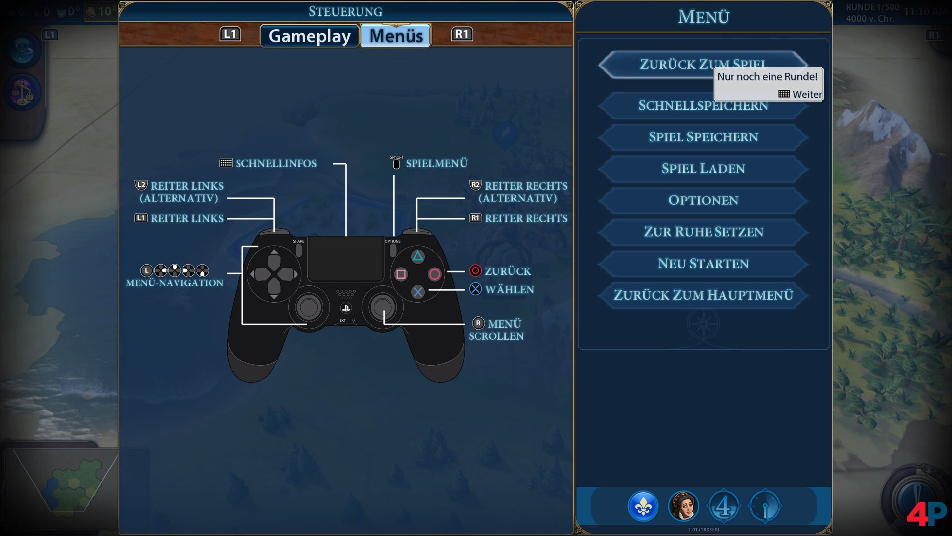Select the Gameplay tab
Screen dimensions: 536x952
pos(309,36)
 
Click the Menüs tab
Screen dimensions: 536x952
pos(396,36)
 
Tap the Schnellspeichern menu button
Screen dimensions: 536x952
pos(703,106)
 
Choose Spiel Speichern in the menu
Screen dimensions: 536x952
pos(703,137)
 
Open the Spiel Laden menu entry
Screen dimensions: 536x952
pos(703,169)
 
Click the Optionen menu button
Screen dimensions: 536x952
pos(703,200)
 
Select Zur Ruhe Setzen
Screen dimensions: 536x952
pos(703,232)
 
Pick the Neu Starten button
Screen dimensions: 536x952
pos(703,264)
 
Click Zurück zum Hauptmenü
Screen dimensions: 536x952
pos(703,295)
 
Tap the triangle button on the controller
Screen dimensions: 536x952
pos(418,256)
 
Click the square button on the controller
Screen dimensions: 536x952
pos(401,274)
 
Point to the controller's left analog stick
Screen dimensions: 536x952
pos(309,307)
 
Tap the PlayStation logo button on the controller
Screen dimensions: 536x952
pos(346,308)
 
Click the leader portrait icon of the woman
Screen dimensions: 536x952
pos(683,506)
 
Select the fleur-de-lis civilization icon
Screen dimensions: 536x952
pos(643,506)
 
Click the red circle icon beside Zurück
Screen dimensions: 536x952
pos(475,270)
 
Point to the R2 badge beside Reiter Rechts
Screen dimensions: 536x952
pos(475,185)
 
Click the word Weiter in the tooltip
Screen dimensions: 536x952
pos(807,94)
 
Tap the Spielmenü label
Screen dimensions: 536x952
pos(436,163)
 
